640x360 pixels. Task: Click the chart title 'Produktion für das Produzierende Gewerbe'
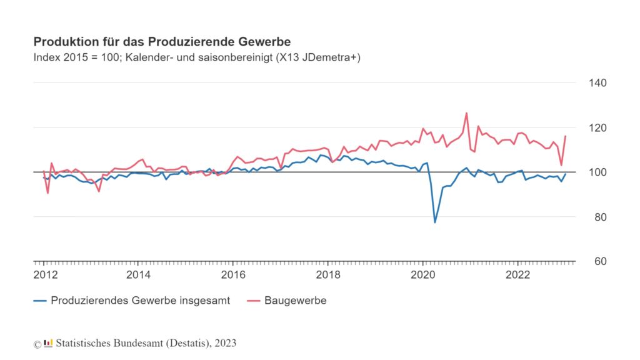coord(162,42)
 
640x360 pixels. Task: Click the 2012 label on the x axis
coord(44,275)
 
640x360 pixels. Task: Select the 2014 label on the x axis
coord(138,275)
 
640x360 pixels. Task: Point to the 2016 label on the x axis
coord(233,275)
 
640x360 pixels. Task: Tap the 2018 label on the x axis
coord(328,275)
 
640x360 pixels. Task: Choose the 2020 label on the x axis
coord(423,275)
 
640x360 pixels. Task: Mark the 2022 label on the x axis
coord(518,275)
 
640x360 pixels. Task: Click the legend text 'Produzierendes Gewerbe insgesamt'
coord(141,301)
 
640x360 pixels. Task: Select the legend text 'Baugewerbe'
coord(296,301)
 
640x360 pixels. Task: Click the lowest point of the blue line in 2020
coord(435,222)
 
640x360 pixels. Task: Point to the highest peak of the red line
coord(466,113)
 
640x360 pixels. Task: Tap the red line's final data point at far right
coord(566,136)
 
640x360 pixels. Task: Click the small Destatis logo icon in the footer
coord(48,343)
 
